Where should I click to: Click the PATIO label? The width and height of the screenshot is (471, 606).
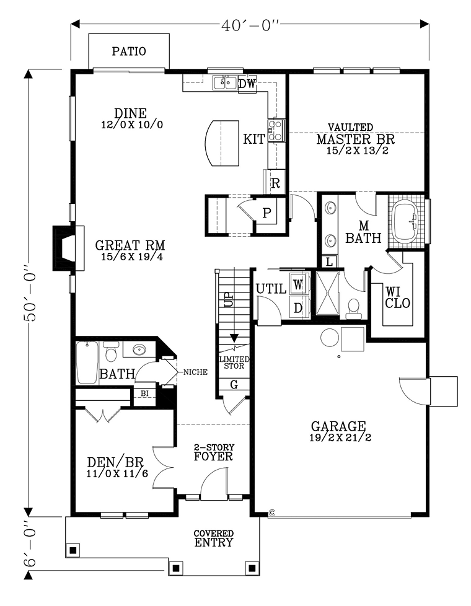pyautogui.click(x=129, y=51)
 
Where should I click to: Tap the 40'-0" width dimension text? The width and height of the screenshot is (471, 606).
pyautogui.click(x=250, y=25)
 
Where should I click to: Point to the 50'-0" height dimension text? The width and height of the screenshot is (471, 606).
pyautogui.click(x=30, y=293)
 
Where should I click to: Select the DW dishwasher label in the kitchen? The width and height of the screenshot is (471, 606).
pyautogui.click(x=247, y=84)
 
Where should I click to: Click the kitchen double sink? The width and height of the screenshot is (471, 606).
pyautogui.click(x=225, y=82)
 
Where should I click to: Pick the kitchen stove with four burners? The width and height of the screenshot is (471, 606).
pyautogui.click(x=276, y=130)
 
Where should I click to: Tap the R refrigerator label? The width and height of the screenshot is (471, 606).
pyautogui.click(x=275, y=183)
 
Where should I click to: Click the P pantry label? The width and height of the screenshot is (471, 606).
pyautogui.click(x=266, y=213)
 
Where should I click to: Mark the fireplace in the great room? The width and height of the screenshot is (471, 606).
pyautogui.click(x=68, y=248)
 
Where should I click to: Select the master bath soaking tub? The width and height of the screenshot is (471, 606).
pyautogui.click(x=405, y=221)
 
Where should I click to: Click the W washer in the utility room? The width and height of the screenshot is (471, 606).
pyautogui.click(x=297, y=285)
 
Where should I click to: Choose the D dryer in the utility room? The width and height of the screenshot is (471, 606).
pyautogui.click(x=298, y=307)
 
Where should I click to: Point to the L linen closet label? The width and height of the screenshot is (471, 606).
pyautogui.click(x=330, y=262)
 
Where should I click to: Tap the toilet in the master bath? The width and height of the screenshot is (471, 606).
pyautogui.click(x=353, y=309)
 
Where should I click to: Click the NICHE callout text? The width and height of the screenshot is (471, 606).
pyautogui.click(x=195, y=372)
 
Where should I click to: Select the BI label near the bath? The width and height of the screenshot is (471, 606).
pyautogui.click(x=144, y=393)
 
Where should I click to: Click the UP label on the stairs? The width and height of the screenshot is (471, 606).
pyautogui.click(x=229, y=299)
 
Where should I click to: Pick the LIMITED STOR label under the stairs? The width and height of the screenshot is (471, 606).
pyautogui.click(x=234, y=362)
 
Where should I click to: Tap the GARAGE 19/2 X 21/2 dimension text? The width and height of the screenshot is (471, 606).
pyautogui.click(x=340, y=438)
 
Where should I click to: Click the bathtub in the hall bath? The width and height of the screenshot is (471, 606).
pyautogui.click(x=87, y=362)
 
